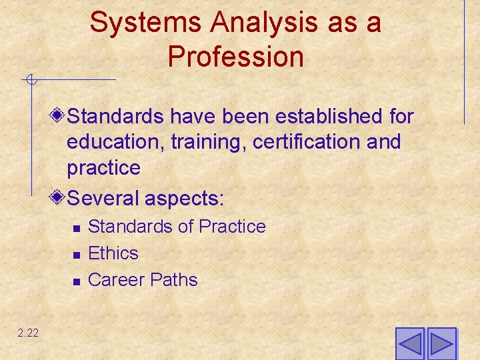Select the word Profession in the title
pos(235,57)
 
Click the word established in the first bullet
pos(330,117)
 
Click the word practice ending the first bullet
pos(103,168)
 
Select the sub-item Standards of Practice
pos(177,227)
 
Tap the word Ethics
pos(113,253)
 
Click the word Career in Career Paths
pos(116,280)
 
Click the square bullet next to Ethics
pos(76,255)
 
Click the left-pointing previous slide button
pos(409,344)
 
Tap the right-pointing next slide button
pos(441,344)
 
